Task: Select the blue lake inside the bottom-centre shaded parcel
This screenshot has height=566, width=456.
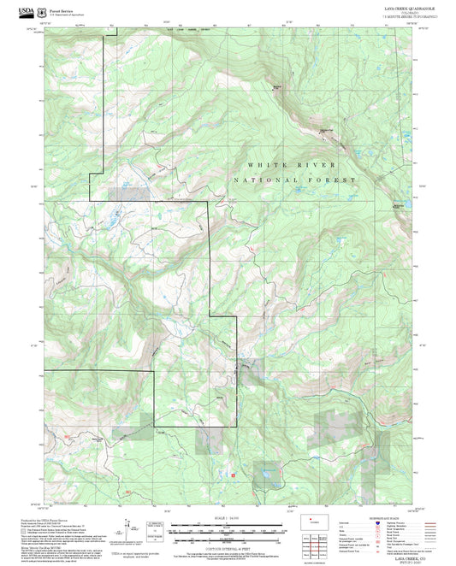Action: point(266,471)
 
